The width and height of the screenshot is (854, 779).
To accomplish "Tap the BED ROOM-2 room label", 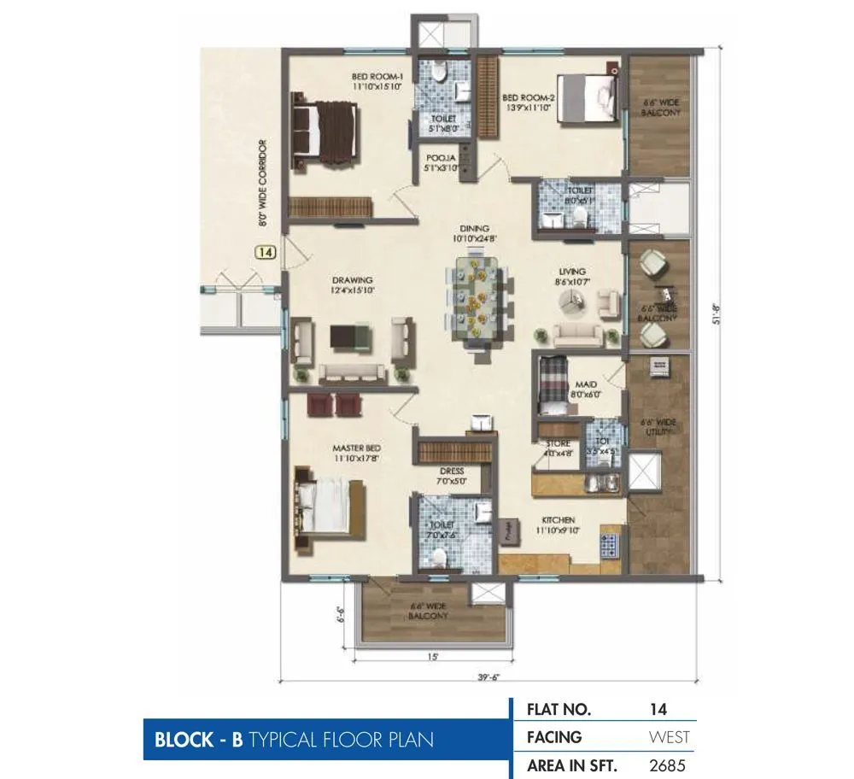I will [x=529, y=97].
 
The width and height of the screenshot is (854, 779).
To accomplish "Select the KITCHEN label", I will [x=557, y=519].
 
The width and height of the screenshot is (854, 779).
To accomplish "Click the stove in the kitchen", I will [x=612, y=545].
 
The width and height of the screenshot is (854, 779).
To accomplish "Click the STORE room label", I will [x=558, y=444].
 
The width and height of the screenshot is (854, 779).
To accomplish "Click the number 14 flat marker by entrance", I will [x=265, y=252].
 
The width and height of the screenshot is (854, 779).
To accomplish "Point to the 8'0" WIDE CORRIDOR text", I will [x=262, y=183].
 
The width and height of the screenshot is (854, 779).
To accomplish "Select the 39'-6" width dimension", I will [x=488, y=677].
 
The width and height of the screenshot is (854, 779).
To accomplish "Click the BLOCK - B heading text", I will [x=198, y=740].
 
